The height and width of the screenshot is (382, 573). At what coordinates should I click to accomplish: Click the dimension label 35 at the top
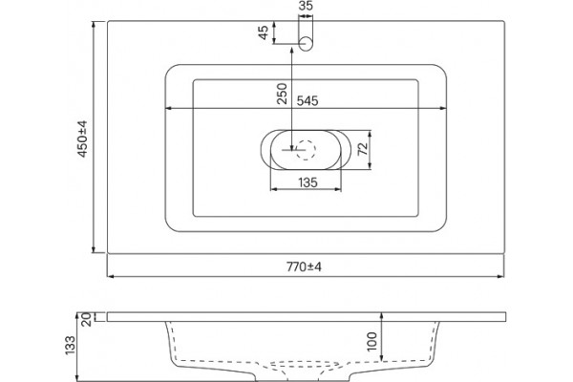click(x=306, y=6)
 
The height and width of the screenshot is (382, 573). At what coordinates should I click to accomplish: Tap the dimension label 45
click(x=264, y=32)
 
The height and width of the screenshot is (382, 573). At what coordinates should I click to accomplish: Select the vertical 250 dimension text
click(x=282, y=94)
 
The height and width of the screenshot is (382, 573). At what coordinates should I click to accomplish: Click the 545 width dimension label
click(x=308, y=100)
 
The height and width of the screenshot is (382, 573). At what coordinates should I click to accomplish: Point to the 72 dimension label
click(x=363, y=149)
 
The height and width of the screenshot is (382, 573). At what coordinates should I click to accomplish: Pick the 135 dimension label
click(x=308, y=182)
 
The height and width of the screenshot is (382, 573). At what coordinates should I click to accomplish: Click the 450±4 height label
click(x=82, y=138)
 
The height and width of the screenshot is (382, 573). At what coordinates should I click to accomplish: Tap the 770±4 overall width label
click(x=304, y=267)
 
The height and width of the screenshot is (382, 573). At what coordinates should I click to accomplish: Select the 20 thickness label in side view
click(x=86, y=320)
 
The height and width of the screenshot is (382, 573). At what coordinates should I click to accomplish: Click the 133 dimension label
click(x=70, y=345)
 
